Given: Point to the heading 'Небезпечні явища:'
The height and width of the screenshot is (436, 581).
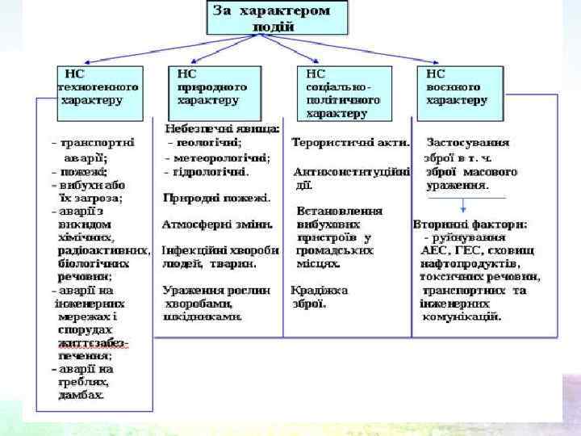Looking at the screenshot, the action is point(223,128).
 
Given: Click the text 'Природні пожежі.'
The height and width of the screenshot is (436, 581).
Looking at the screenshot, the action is point(216,197).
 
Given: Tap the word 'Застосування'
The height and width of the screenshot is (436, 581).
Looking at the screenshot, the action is point(468,143).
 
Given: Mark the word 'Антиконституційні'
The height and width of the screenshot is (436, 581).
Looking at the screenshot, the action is point(352,171).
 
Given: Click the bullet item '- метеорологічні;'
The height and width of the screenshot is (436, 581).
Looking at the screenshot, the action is point(219,157).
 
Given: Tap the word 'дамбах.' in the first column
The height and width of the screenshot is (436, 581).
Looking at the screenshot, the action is point(81,395).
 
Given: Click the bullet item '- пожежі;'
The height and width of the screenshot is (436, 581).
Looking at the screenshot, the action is point(79,171).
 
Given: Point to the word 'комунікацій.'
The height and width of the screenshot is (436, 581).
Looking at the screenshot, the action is point(462,317).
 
